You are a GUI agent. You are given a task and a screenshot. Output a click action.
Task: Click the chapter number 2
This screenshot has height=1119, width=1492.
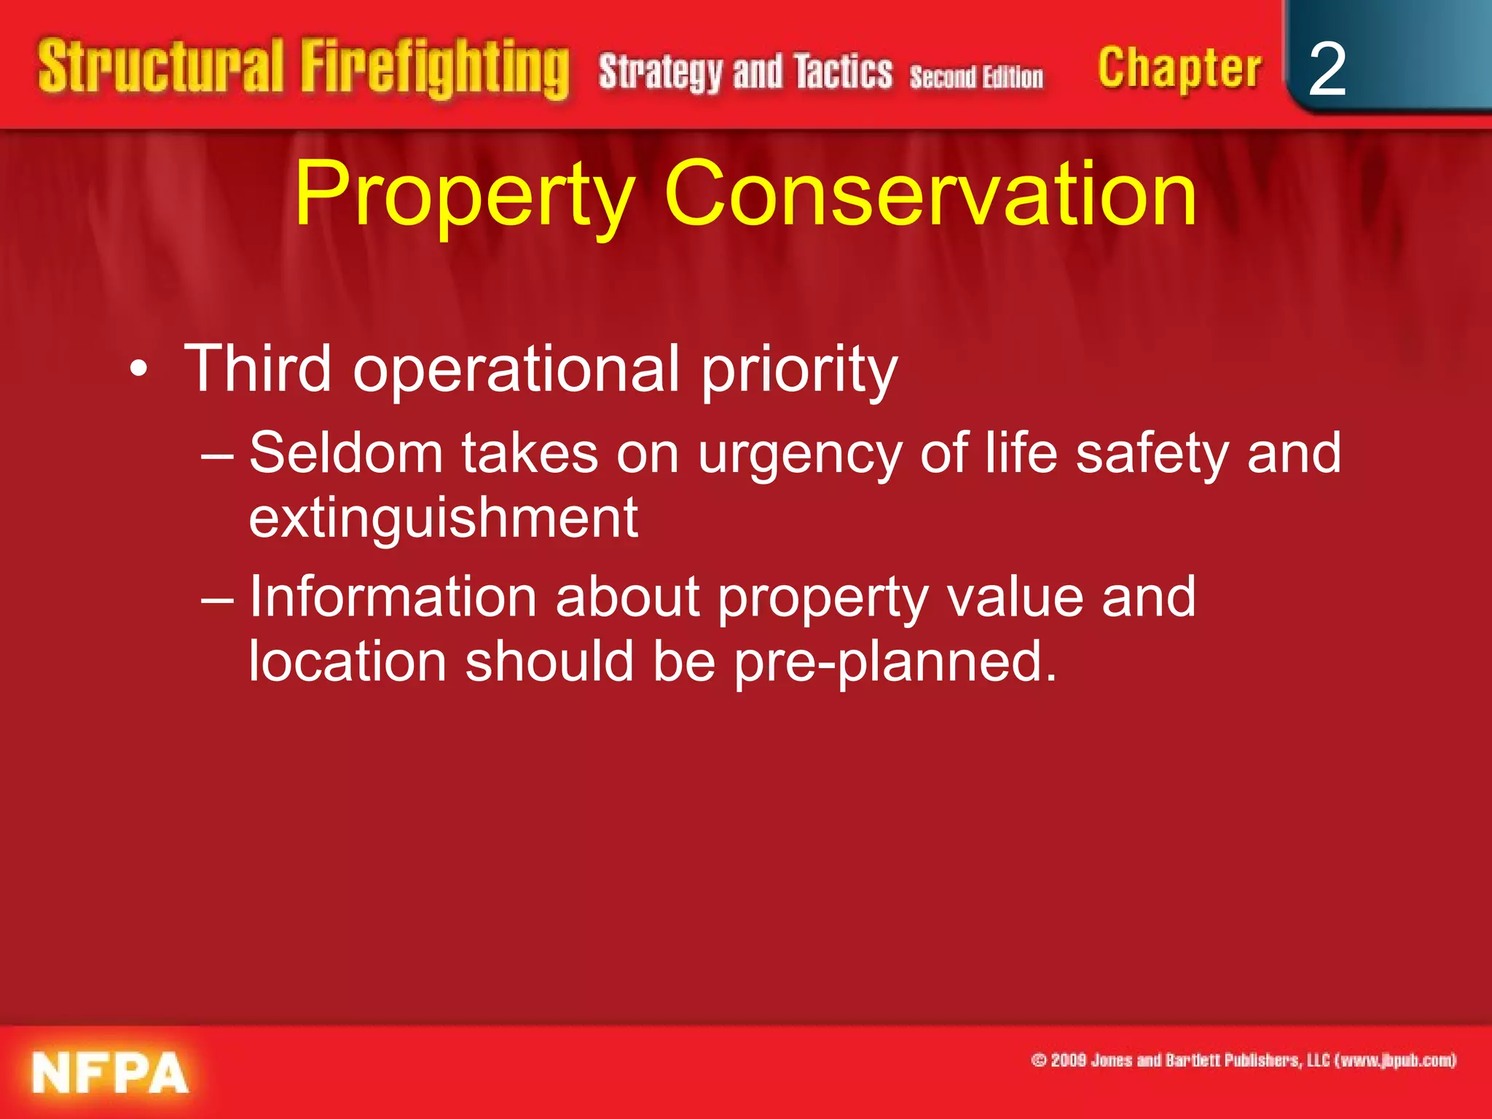coord(1327,69)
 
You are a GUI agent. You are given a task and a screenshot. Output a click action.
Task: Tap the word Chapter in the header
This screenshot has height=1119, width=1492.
coord(1179,69)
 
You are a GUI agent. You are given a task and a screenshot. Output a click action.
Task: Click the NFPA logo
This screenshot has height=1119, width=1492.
coord(110,1072)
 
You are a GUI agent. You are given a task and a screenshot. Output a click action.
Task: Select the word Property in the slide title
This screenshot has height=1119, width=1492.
coord(464,195)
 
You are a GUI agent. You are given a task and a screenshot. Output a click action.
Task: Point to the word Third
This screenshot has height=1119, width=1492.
coord(258,369)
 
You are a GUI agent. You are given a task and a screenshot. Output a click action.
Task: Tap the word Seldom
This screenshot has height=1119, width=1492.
coord(346,453)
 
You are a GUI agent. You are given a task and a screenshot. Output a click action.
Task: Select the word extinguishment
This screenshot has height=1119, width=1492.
coord(443,519)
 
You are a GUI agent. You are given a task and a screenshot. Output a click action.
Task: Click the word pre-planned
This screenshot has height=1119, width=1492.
coord(895,663)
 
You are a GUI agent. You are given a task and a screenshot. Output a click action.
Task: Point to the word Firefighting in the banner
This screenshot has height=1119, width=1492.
coord(435,69)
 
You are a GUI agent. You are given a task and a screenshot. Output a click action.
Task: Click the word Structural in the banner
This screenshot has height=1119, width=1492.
coord(160,67)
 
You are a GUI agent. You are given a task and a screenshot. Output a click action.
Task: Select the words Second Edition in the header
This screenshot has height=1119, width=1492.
coord(976,76)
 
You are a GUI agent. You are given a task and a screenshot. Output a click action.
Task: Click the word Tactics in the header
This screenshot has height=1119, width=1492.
coord(844,72)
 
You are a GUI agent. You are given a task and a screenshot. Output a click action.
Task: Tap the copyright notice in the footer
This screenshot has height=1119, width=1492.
coord(1243,1060)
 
